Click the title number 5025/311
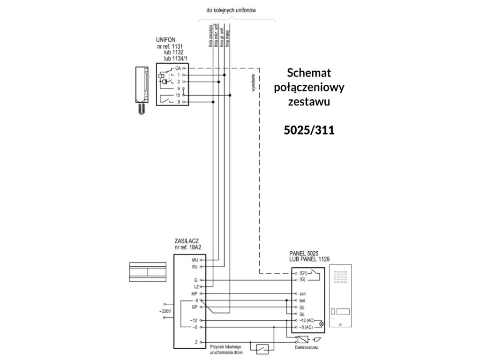pos(309,130)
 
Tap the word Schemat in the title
pos(309,73)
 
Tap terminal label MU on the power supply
pos(195,259)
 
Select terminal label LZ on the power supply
pos(196,286)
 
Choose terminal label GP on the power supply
pos(195,307)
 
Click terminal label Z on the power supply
pos(196,343)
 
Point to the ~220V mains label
pos(164,310)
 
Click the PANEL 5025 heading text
pos(304,254)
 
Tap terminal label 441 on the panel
pos(302,293)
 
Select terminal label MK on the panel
pos(302,300)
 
